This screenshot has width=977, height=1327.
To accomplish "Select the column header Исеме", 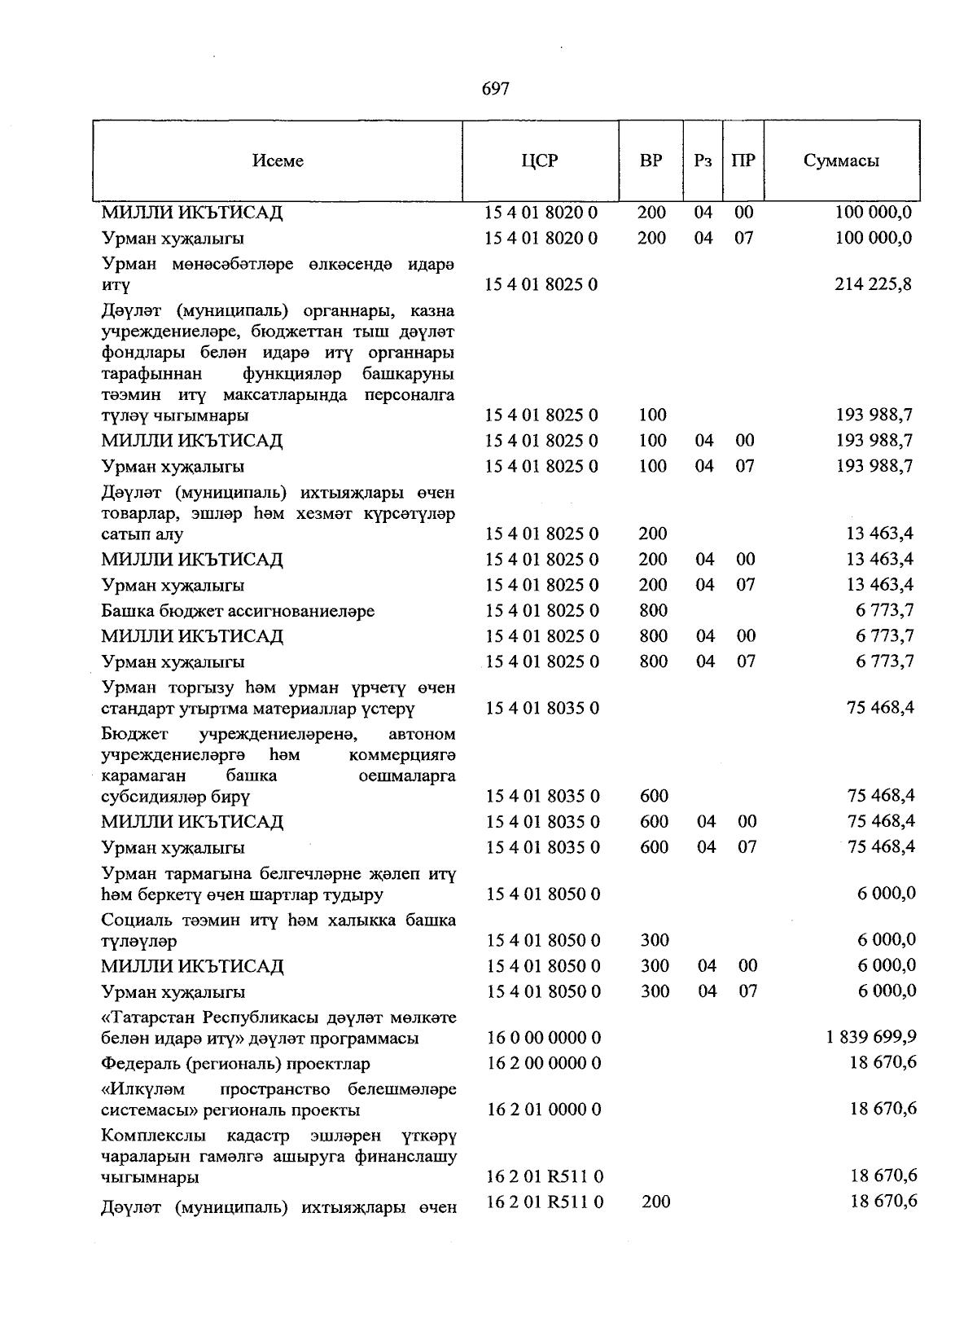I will point(278,160).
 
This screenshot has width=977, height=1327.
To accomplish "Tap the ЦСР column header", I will point(540,160).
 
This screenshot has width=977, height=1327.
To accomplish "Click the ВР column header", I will point(651,160).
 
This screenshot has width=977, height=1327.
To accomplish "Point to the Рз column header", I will point(703,160).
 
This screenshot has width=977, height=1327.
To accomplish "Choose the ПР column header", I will point(743,160).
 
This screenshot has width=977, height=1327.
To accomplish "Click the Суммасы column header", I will point(841,160).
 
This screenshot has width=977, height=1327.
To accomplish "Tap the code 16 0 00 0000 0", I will point(543,1038).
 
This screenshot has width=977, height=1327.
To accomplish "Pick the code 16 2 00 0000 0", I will point(543,1063).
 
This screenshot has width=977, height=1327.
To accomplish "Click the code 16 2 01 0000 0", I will point(543,1109).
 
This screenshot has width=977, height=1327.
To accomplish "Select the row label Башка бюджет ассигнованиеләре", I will point(238,611).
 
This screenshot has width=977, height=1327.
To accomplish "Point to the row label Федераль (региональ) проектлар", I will point(235,1064).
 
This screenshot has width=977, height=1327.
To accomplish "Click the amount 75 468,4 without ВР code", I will point(881,707).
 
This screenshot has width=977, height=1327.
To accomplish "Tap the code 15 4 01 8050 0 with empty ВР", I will point(543,894).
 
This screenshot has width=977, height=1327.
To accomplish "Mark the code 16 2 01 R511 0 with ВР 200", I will point(544,1201).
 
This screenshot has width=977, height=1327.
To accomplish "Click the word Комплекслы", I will point(153,1135).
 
